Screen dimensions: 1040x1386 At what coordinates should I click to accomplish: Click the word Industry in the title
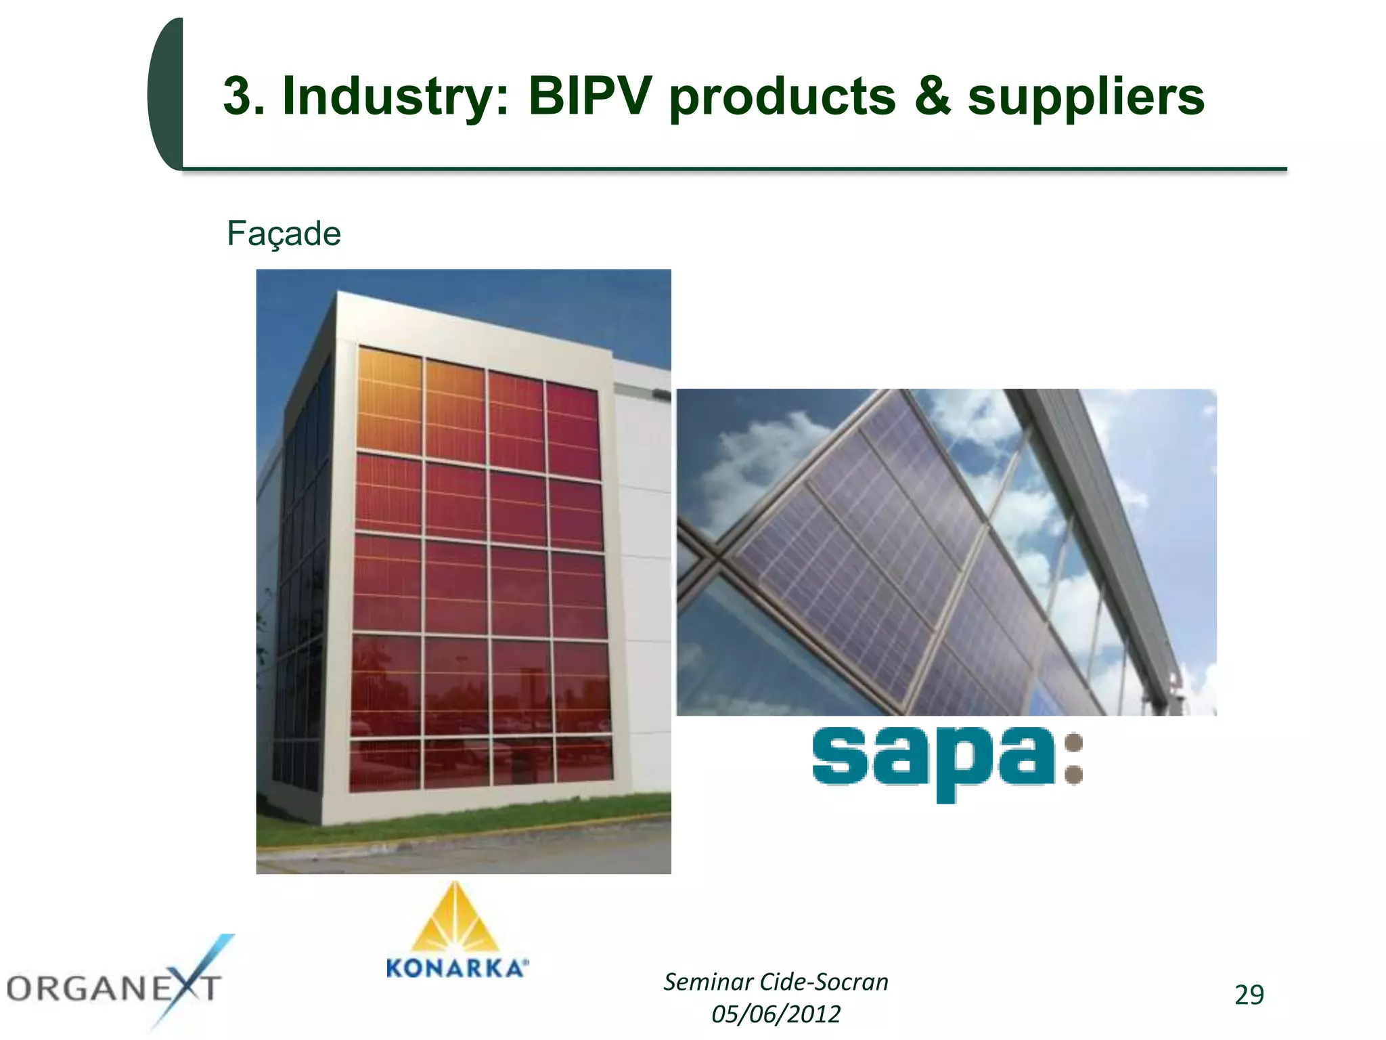pos(395,96)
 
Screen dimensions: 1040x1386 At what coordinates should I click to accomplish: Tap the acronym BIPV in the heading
pos(589,96)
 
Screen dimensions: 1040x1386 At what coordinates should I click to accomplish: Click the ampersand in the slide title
pos(932,96)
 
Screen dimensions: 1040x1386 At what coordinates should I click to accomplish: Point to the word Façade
pos(284,234)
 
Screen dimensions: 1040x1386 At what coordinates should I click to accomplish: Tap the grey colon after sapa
pos(1073,758)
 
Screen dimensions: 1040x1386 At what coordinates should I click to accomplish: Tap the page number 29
pos(1249,995)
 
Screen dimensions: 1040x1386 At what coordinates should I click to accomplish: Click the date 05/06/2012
pos(776,1014)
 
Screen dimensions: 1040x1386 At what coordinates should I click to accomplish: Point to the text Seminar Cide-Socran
pos(776,982)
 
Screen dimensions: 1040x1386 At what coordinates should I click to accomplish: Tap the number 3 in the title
pos(237,96)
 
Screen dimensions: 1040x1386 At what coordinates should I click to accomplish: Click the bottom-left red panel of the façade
pos(384,764)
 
